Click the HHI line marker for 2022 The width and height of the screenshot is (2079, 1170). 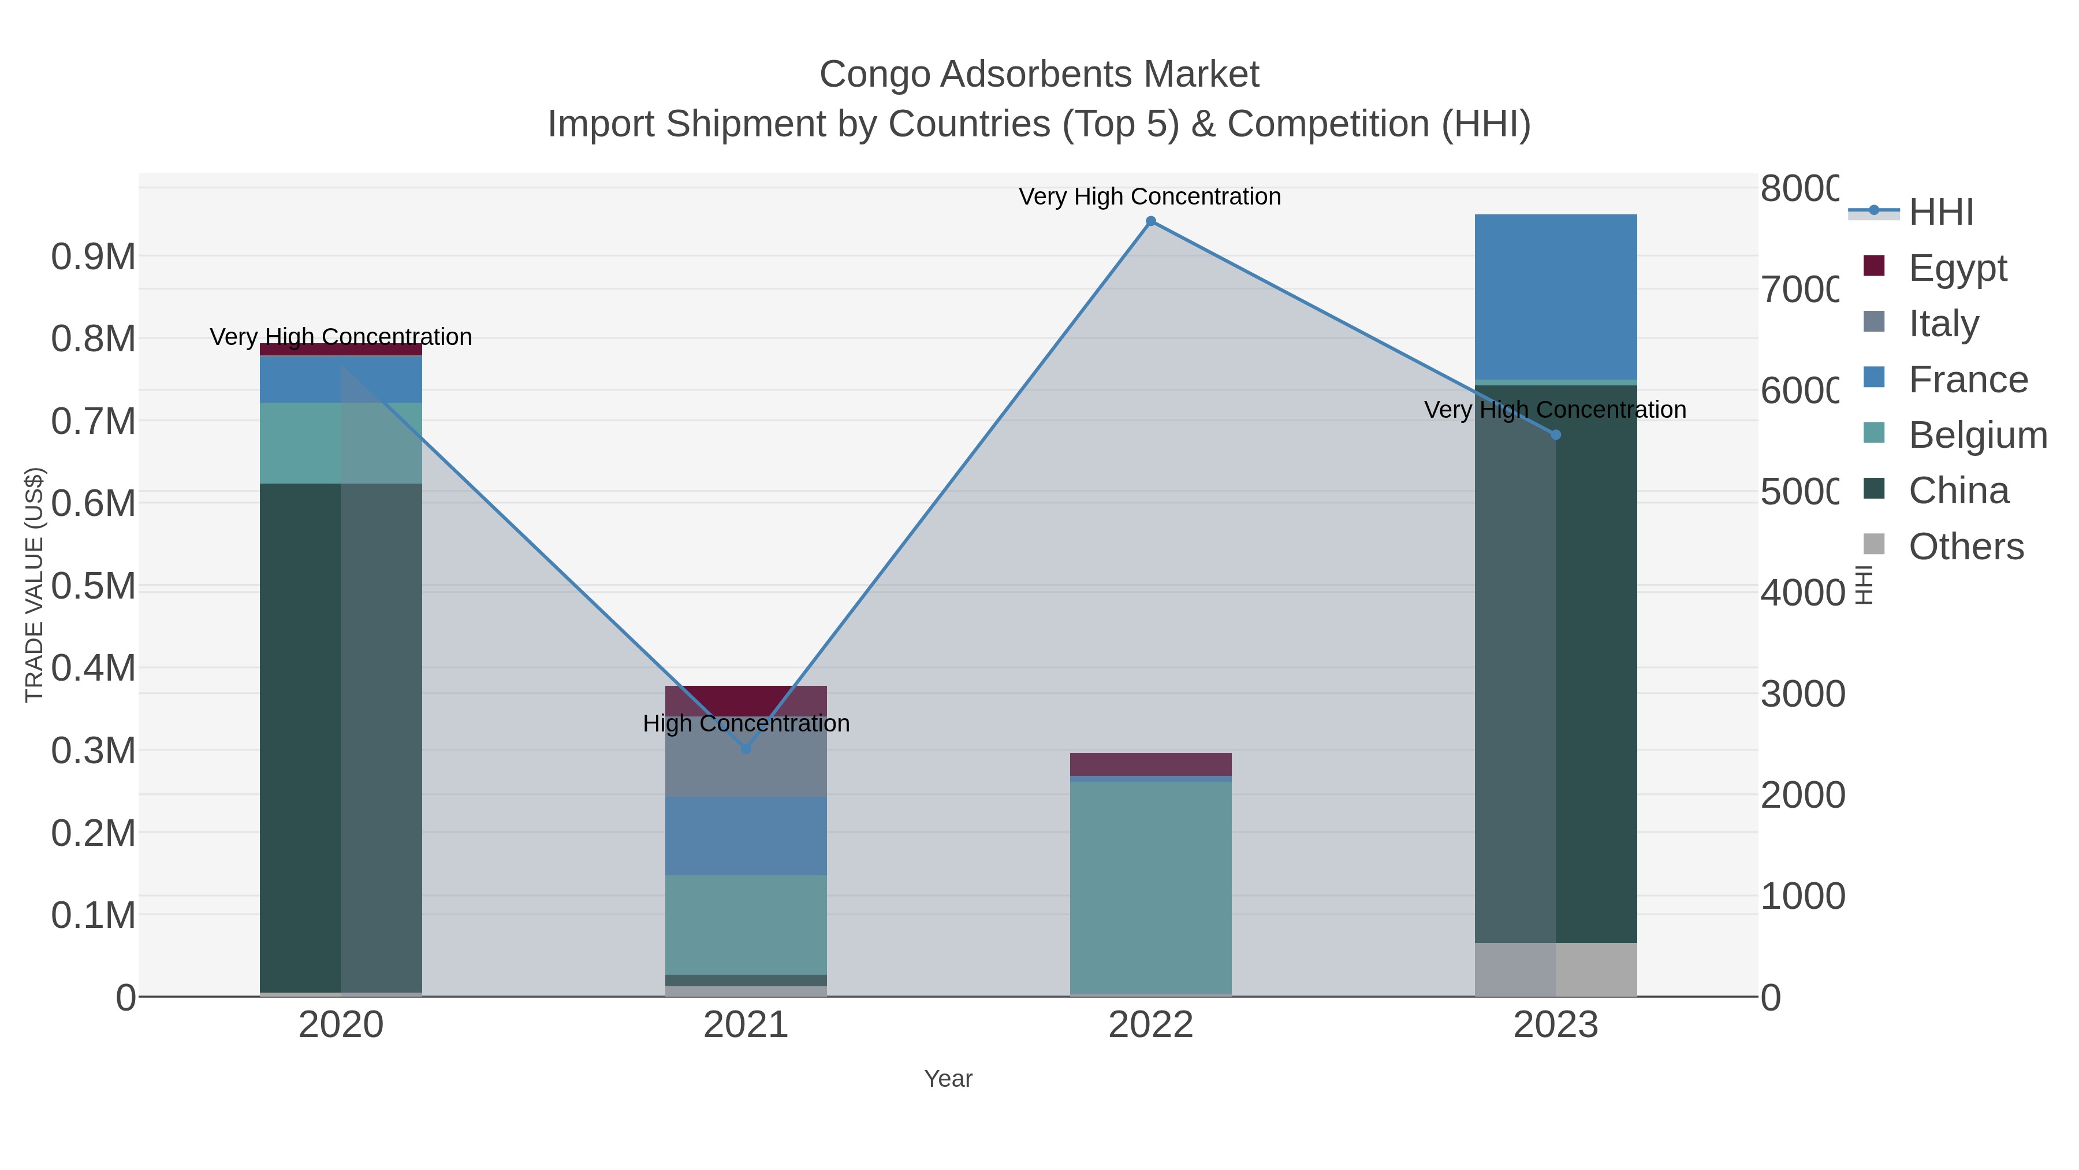point(1151,221)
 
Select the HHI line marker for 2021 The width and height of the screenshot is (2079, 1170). point(746,748)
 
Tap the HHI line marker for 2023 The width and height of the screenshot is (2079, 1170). point(1556,434)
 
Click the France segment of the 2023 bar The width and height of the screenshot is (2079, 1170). point(1556,296)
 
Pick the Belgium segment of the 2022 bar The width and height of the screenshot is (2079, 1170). point(1151,886)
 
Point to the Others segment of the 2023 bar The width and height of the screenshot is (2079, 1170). point(1556,969)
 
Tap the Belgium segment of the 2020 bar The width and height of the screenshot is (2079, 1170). point(341,443)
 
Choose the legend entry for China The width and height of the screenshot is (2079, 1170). point(1958,491)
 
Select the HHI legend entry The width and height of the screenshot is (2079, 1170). point(1941,213)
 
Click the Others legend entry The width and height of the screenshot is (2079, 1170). point(1965,547)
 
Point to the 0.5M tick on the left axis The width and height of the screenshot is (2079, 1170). point(94,586)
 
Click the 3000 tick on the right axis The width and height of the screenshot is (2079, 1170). point(1802,694)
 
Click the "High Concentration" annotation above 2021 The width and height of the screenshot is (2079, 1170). point(746,723)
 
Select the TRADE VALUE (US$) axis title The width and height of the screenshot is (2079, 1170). point(34,585)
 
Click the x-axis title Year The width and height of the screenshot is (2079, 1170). point(948,1079)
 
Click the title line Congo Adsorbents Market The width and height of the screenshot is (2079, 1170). point(1039,75)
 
